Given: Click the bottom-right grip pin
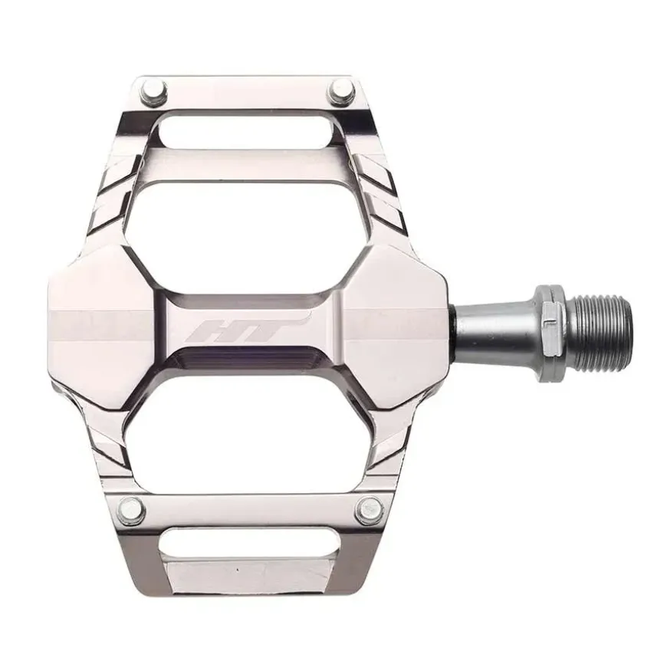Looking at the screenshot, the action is pyautogui.click(x=369, y=509).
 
